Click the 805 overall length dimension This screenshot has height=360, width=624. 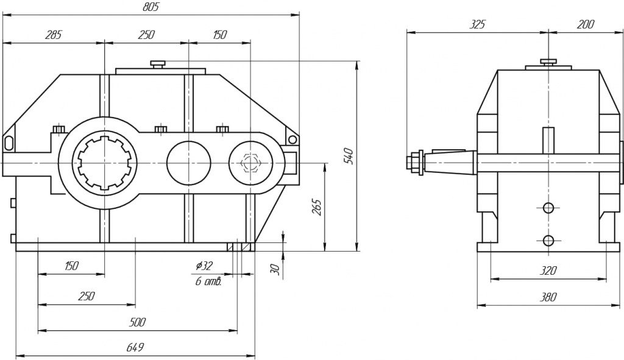(151, 7)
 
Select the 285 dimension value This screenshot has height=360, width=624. (53, 35)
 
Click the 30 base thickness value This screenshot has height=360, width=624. (275, 268)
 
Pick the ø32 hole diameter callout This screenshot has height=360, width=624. (204, 266)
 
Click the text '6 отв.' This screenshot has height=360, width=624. (208, 281)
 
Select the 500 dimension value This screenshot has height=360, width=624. (137, 322)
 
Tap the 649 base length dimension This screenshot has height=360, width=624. (135, 347)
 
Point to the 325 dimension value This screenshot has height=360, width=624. (478, 24)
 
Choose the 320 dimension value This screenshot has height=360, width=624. (548, 270)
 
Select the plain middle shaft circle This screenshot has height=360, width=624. (189, 163)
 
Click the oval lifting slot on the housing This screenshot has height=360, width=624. (9, 142)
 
